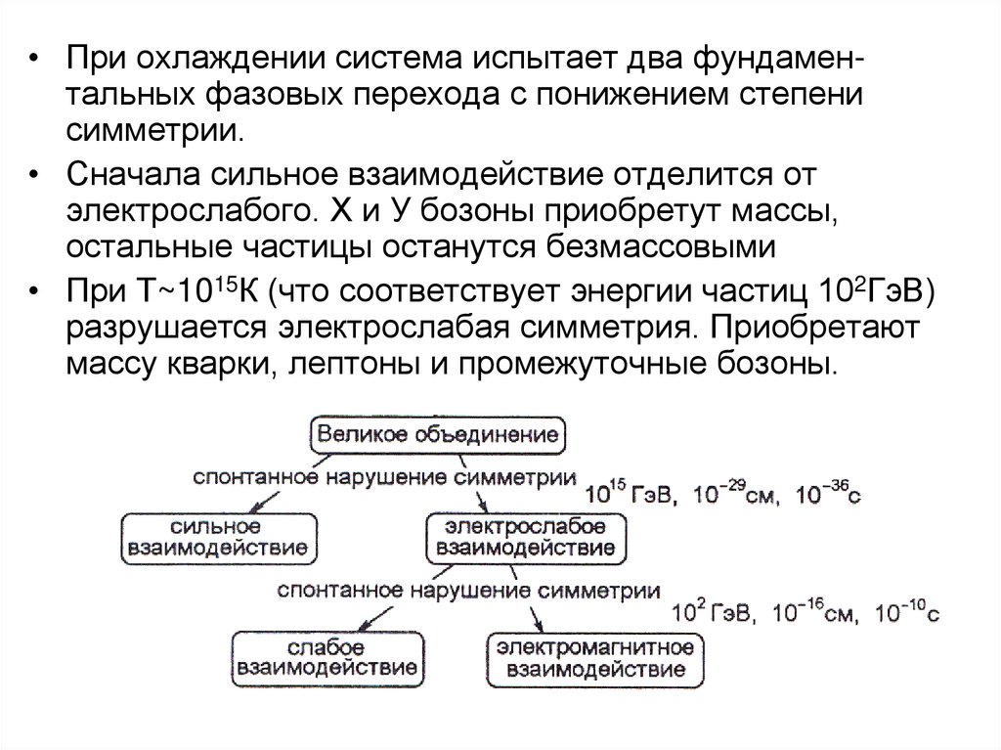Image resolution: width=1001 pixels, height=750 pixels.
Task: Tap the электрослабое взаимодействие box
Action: (527, 536)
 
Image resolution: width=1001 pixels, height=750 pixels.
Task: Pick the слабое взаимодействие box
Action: (326, 658)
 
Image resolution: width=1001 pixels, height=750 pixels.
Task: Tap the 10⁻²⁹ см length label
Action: (727, 494)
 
